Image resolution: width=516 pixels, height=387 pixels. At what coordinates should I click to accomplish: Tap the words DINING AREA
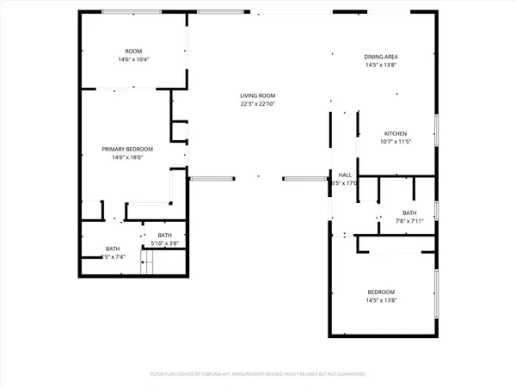(381, 57)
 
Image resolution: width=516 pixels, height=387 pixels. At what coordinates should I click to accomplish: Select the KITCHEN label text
(395, 133)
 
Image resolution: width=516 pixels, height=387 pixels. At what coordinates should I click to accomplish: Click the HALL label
(345, 175)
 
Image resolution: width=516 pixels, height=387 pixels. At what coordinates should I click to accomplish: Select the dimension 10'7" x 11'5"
(395, 142)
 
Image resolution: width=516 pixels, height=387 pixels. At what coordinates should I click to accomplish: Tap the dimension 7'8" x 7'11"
(408, 221)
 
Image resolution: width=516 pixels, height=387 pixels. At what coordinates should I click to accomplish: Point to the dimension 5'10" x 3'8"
(164, 243)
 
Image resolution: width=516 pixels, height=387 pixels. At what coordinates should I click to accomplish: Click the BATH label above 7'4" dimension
(113, 249)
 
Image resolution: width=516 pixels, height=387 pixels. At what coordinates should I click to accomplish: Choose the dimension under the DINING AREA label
(381, 65)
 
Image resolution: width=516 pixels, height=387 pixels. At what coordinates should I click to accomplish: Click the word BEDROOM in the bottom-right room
(381, 292)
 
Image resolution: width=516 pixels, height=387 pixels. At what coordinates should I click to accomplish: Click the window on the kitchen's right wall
(436, 132)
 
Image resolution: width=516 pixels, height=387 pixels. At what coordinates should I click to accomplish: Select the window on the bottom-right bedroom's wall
(436, 292)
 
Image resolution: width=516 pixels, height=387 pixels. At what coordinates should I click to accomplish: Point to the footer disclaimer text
(258, 374)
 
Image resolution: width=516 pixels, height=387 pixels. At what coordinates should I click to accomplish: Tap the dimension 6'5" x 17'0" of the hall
(345, 183)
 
